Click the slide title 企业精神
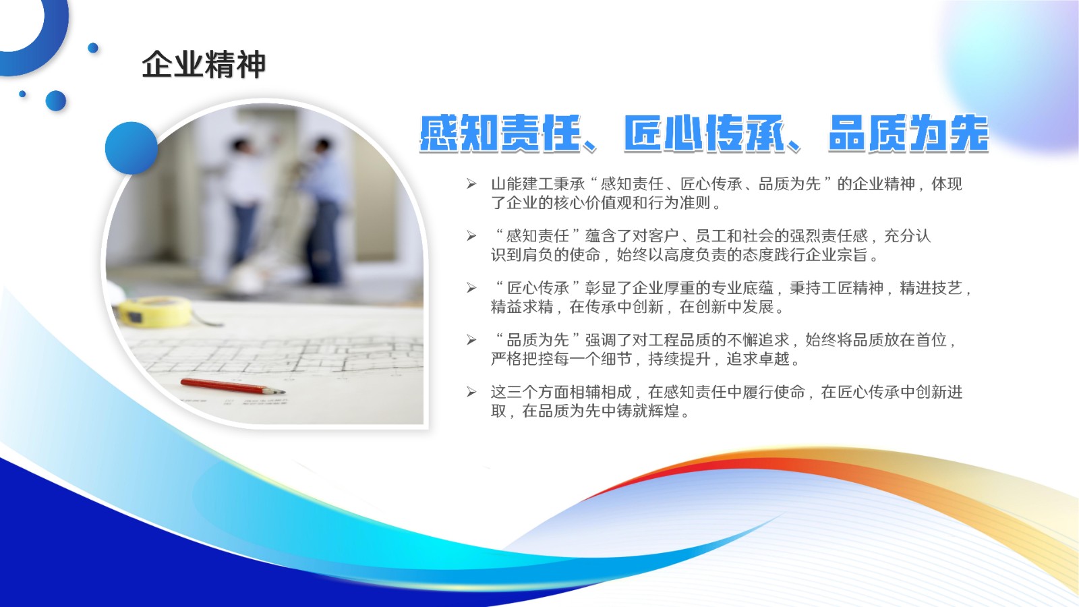(x=204, y=65)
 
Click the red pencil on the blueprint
(x=233, y=386)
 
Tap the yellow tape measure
(x=154, y=310)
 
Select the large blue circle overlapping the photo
(x=131, y=148)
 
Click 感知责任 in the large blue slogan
(x=500, y=134)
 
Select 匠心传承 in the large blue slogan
(x=703, y=134)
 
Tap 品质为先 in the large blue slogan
(x=908, y=134)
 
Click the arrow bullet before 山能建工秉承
(x=471, y=183)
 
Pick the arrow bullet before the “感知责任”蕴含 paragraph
(x=471, y=235)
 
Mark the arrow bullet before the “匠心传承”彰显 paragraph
(x=471, y=288)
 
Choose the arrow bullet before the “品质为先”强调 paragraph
(x=471, y=340)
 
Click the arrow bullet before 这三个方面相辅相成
(x=471, y=392)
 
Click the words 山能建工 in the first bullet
(x=522, y=183)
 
